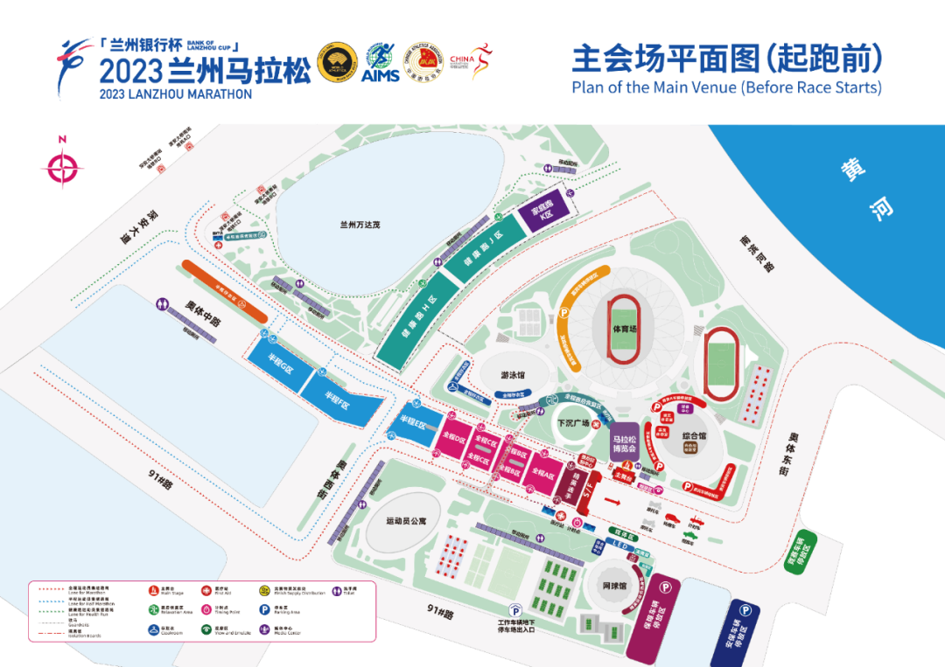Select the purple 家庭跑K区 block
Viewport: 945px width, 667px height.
(548, 213)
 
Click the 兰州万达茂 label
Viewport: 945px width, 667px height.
(360, 225)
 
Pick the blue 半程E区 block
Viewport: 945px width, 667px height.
(413, 424)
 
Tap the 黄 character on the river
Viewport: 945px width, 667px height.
(850, 169)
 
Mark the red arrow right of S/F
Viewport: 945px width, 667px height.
(612, 501)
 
